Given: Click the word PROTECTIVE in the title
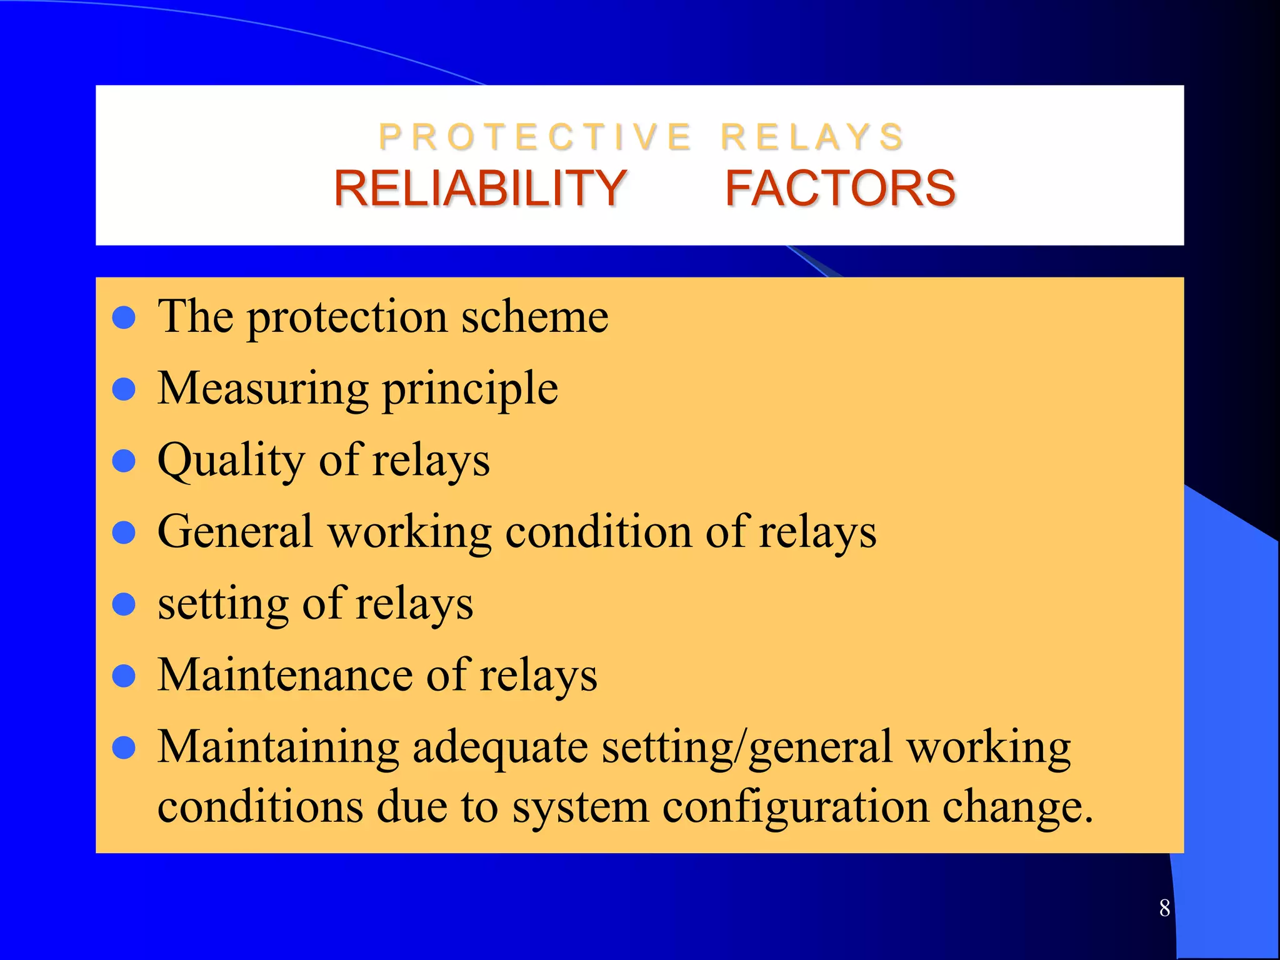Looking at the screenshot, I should (535, 137).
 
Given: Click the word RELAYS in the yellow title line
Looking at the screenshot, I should (812, 137).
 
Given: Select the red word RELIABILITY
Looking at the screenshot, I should (480, 188).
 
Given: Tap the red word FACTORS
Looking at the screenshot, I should (840, 188).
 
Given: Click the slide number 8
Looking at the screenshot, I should (1164, 907).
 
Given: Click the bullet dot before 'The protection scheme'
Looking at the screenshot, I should (124, 317).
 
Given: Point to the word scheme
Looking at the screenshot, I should (535, 317).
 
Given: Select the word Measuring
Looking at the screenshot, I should (263, 389).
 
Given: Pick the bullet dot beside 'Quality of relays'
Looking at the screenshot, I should (124, 461).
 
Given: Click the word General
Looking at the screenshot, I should (235, 532).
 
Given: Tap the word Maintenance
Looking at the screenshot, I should (284, 675).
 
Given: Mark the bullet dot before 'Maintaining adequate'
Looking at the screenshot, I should (124, 747).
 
